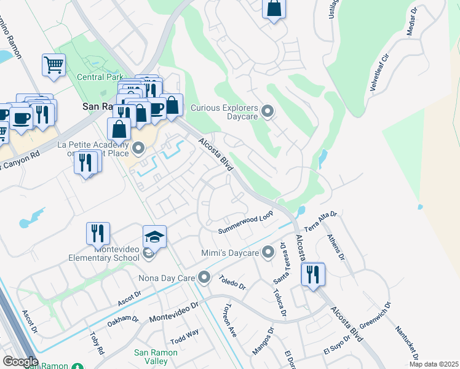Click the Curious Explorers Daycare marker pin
[268, 111]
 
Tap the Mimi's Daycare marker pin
[268, 252]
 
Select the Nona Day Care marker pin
[204, 278]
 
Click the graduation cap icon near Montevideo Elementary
[155, 236]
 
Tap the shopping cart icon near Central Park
[54, 64]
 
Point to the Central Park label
[101, 77]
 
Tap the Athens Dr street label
[336, 247]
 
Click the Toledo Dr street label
[232, 282]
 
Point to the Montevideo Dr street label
[174, 313]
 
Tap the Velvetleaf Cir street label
[379, 73]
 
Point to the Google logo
[20, 362]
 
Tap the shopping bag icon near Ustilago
[274, 9]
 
